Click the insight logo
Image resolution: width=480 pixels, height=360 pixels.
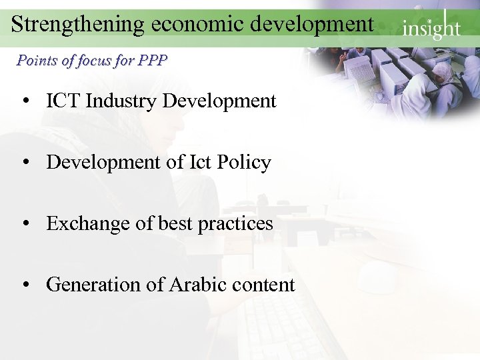(431, 27)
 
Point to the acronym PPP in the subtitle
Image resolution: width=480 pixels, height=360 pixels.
(153, 61)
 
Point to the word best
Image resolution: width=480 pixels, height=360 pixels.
(175, 223)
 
